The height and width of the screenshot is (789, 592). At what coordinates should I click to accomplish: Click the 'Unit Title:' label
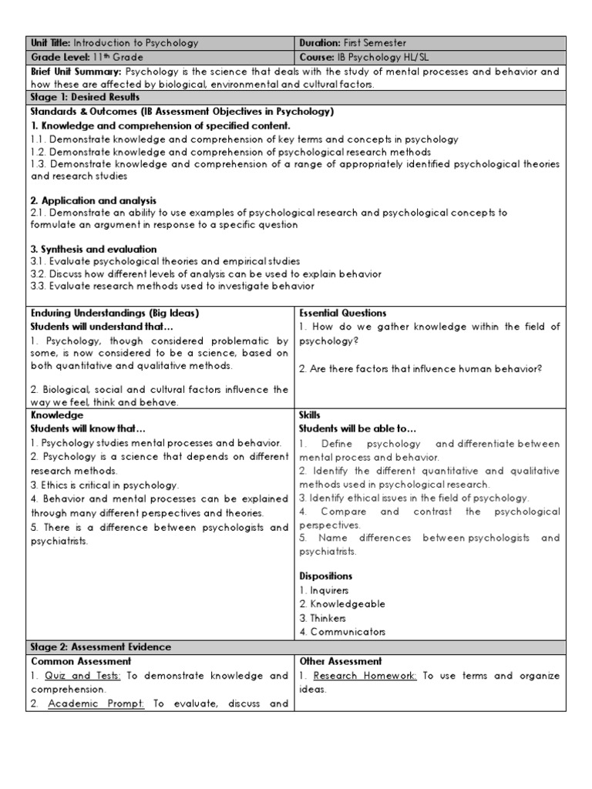(50, 43)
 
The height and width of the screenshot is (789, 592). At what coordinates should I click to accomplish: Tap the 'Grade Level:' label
(56, 57)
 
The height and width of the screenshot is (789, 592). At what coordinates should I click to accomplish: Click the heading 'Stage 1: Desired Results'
(85, 97)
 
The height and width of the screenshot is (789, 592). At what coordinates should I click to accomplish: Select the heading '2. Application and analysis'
(93, 200)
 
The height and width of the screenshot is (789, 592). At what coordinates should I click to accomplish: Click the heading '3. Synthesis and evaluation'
(93, 249)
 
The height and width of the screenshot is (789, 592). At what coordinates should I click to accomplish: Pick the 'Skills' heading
(309, 415)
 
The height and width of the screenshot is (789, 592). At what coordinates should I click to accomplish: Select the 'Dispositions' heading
(325, 576)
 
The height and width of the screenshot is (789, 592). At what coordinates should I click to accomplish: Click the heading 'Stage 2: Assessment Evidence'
(100, 646)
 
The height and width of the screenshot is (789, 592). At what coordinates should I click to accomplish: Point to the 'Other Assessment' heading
(340, 661)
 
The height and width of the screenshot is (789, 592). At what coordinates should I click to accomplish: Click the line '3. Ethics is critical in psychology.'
(104, 485)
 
